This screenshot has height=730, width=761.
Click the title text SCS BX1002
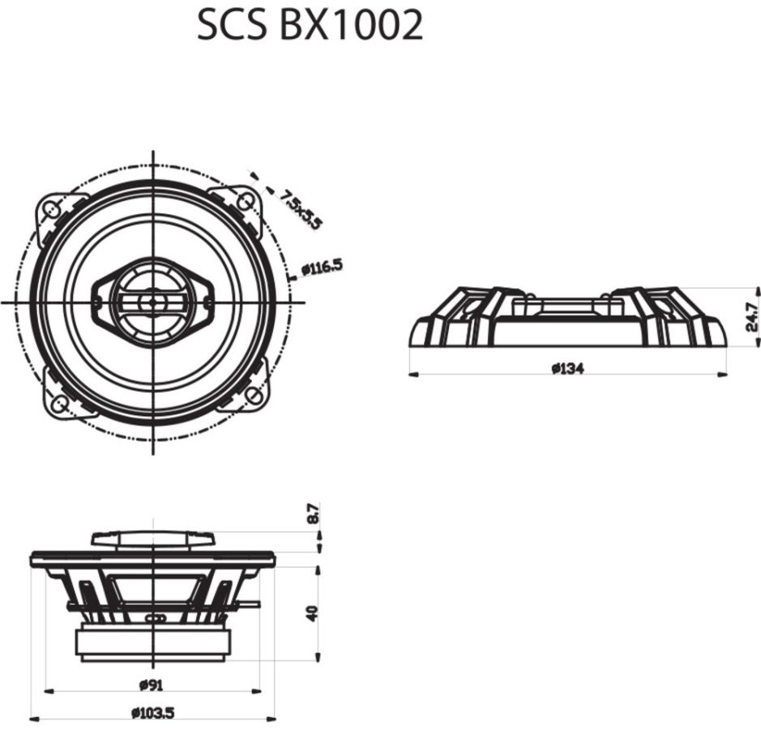pos(310,25)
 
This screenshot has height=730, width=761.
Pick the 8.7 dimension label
pos(314,513)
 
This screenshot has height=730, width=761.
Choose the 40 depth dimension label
pos(313,613)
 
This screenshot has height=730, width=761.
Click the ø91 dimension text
pos(152,685)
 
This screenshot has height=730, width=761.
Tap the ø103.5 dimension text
pos(153,713)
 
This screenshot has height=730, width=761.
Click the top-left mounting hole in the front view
pos(51,208)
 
